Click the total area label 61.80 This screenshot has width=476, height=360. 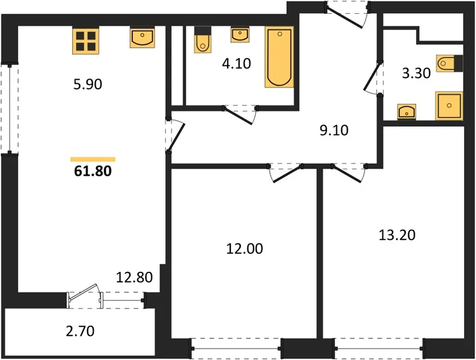click(x=93, y=171)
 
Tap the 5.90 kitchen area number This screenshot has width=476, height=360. click(x=88, y=85)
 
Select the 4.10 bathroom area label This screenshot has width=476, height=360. click(x=236, y=64)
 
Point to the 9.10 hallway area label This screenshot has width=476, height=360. click(x=334, y=130)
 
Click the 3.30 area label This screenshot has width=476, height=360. click(x=416, y=73)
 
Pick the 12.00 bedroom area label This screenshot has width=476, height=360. click(x=245, y=248)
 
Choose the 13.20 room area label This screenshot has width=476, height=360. click(x=397, y=235)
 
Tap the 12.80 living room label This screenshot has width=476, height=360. click(x=134, y=277)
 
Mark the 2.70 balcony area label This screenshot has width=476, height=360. click(x=80, y=331)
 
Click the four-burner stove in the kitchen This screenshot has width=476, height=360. click(x=86, y=41)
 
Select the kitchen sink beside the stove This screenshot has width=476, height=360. click(x=142, y=37)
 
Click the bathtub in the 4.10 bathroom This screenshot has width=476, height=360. click(x=279, y=57)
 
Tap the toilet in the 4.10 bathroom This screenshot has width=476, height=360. click(x=203, y=40)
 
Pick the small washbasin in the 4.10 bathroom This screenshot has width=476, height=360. click(x=240, y=35)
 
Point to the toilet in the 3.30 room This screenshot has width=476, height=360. click(x=449, y=64)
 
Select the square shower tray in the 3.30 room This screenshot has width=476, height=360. click(x=449, y=106)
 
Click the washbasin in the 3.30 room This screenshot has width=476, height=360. click(x=406, y=112)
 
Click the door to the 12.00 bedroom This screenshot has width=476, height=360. click(x=285, y=173)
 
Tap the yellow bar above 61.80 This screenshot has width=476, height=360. click(x=93, y=160)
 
